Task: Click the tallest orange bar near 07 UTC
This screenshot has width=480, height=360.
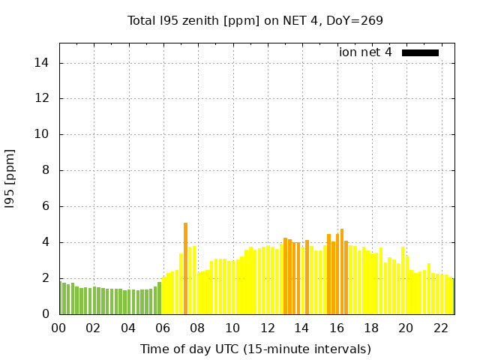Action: point(186,268)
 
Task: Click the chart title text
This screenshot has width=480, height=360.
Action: point(255,20)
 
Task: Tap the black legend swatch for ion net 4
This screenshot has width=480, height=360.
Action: point(420,52)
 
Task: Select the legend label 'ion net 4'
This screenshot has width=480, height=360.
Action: point(365,52)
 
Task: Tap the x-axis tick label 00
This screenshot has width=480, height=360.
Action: point(58,328)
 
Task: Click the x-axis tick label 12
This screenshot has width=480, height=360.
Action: point(267,328)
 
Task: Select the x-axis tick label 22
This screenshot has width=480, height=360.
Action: point(441,328)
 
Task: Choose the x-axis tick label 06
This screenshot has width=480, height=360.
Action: point(163,328)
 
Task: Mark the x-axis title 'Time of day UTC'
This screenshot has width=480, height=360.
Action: point(255,349)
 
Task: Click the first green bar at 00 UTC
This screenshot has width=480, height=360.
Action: point(64,298)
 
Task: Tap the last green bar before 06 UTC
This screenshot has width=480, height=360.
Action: point(160,298)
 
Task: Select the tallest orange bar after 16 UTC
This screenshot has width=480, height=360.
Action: point(342,271)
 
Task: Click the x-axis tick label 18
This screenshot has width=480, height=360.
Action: point(371,328)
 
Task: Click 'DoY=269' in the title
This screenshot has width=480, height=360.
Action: point(352,20)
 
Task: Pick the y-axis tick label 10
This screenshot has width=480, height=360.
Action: point(42,134)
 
